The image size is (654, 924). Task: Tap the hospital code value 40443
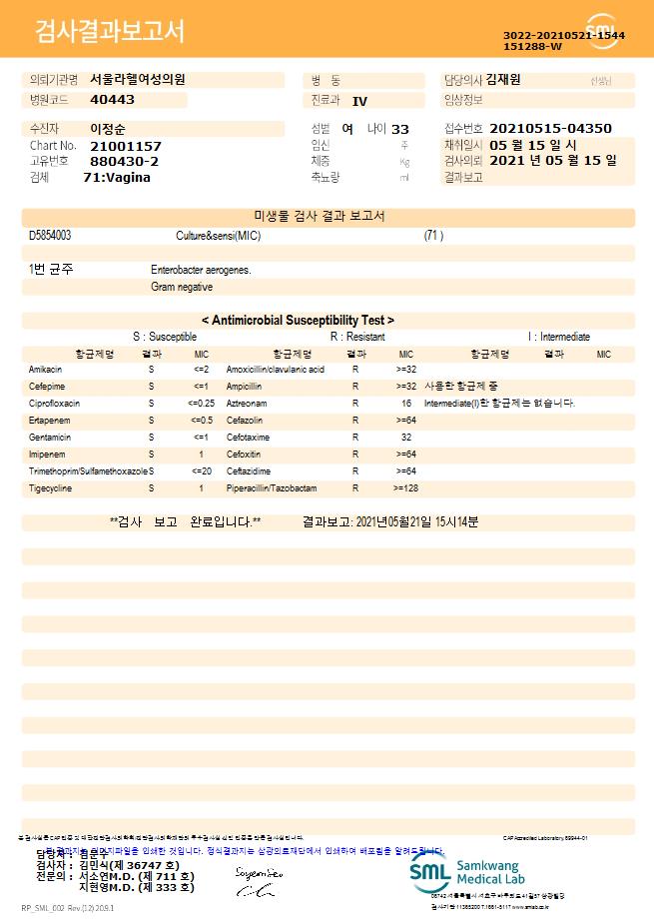[x=112, y=100]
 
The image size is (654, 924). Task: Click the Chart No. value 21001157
[x=125, y=146]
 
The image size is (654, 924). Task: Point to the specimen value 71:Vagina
[x=117, y=177]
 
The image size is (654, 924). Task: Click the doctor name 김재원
[x=503, y=80]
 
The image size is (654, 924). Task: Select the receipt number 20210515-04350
[x=551, y=129]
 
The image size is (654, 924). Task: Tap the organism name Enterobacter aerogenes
[x=201, y=270]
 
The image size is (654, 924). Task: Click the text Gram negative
[x=182, y=287]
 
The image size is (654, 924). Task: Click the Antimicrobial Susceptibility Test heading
[x=298, y=321]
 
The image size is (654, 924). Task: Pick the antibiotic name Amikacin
[x=45, y=370]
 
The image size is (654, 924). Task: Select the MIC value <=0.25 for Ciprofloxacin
[x=202, y=403]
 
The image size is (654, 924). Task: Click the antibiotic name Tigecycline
[x=50, y=488]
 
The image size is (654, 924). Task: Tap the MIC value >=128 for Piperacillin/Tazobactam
[x=406, y=488]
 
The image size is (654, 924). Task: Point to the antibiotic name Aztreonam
[x=246, y=403]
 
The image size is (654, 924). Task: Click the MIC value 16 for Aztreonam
[x=406, y=403]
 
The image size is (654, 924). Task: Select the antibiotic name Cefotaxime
[x=248, y=437]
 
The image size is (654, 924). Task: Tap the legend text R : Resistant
[x=357, y=337]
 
